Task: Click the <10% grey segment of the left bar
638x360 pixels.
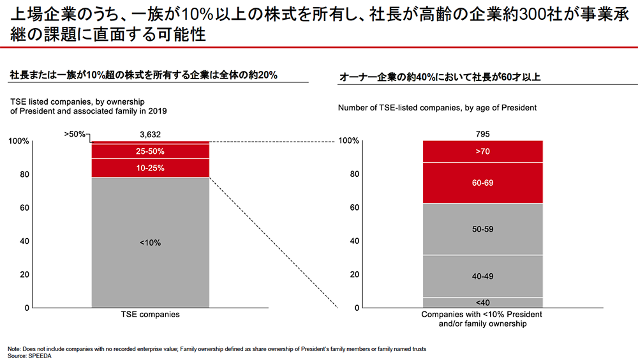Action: click(x=151, y=243)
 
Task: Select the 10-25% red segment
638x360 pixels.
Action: click(x=151, y=168)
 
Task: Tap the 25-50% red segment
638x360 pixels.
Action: click(x=151, y=152)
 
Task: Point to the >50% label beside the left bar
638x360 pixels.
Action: click(x=75, y=135)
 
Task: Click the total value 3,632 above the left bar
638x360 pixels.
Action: click(x=151, y=134)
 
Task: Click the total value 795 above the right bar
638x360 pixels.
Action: click(x=483, y=134)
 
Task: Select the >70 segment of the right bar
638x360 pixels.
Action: click(x=483, y=152)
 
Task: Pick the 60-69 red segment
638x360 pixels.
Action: click(x=483, y=183)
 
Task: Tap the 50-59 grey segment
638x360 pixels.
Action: click(x=483, y=229)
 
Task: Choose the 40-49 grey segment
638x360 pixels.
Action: click(x=483, y=276)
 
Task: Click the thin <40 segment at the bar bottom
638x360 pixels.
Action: click(x=483, y=303)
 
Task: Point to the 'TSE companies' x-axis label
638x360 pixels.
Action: click(x=150, y=315)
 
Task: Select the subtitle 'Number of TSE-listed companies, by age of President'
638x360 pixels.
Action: click(x=437, y=108)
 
